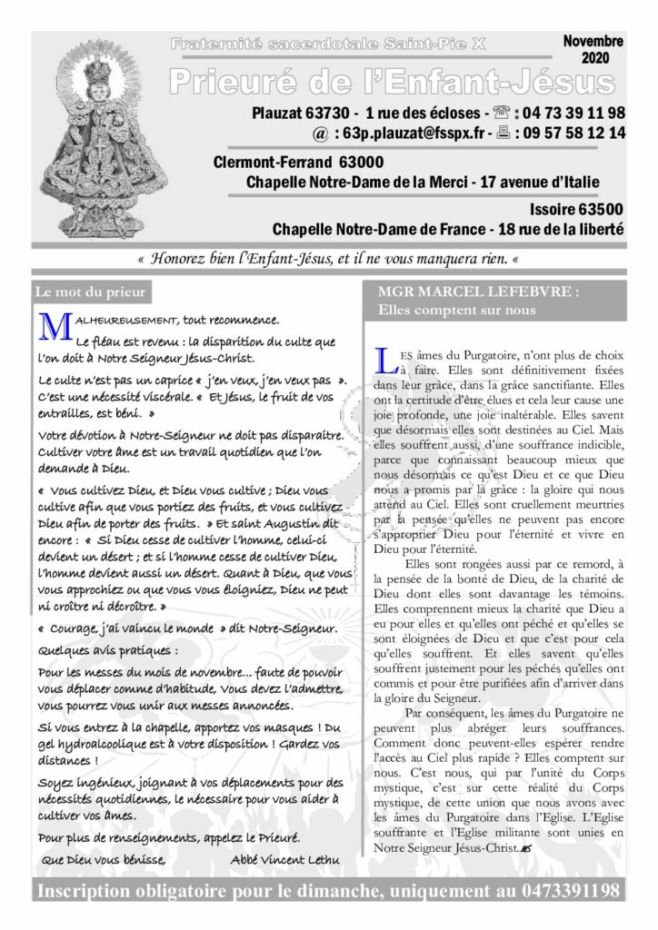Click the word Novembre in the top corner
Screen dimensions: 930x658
point(592,42)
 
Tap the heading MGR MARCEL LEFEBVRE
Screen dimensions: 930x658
point(470,292)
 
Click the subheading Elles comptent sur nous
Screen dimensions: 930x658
point(456,311)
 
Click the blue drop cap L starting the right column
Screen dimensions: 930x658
point(384,360)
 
